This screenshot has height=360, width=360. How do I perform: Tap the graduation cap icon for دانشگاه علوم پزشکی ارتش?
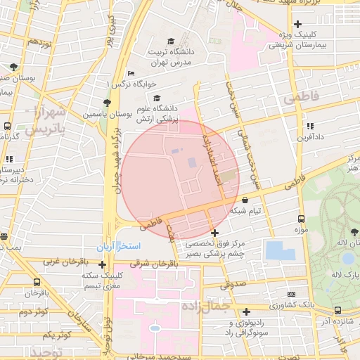pos(157,98)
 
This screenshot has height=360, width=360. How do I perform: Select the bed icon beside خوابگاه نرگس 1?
pos(131,75)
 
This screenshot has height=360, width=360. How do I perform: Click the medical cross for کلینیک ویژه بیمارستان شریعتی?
pos(298,24)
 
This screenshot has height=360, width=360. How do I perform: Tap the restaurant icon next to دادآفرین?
pos(309,126)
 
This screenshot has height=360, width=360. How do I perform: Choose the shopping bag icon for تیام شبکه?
pos(244,200)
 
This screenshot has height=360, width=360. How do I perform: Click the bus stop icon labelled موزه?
pos(301,219)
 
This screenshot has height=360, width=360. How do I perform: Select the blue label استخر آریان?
pos(120,247)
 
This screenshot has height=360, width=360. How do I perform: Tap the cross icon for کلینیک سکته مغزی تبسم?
pos(103,265)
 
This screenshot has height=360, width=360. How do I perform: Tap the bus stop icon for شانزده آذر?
pos(337,310)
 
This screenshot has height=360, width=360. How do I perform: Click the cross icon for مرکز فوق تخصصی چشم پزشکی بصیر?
pos(214,233)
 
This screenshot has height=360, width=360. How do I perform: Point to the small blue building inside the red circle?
pos(192,162)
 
